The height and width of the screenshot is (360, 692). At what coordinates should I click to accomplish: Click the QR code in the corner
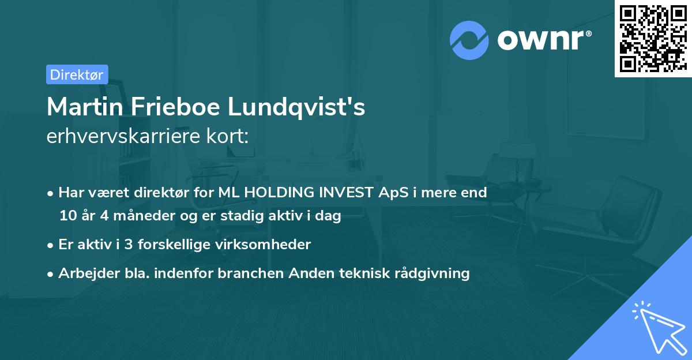pyautogui.click(x=653, y=39)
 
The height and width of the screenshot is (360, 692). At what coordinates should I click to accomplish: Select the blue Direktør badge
pyautogui.click(x=77, y=74)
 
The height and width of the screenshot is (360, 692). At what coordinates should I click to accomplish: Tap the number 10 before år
pyautogui.click(x=67, y=216)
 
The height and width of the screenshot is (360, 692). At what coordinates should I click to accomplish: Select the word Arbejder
pyautogui.click(x=84, y=273)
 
